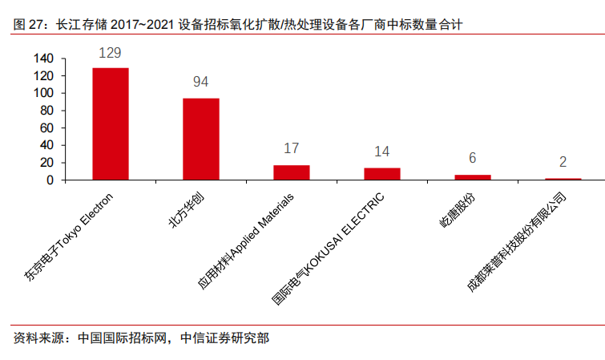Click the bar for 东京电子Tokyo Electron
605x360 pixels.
tap(111, 123)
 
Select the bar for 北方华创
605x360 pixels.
tap(201, 139)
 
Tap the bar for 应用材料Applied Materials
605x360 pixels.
tap(292, 172)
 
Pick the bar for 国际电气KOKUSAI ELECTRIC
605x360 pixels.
tap(382, 174)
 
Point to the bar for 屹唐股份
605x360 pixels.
tap(473, 177)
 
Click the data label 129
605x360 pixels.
tap(111, 53)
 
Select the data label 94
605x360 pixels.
tap(201, 83)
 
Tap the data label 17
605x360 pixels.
tap(292, 149)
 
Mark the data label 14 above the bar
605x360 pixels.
tap(382, 152)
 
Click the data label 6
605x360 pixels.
tap(473, 159)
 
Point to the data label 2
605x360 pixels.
tap(563, 162)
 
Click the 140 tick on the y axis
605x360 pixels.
tap(43, 59)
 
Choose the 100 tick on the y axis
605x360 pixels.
tap(43, 93)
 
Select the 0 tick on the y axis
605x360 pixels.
tap(50, 180)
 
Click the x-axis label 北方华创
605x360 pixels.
tap(186, 211)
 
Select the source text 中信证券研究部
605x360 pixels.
tap(225, 338)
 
